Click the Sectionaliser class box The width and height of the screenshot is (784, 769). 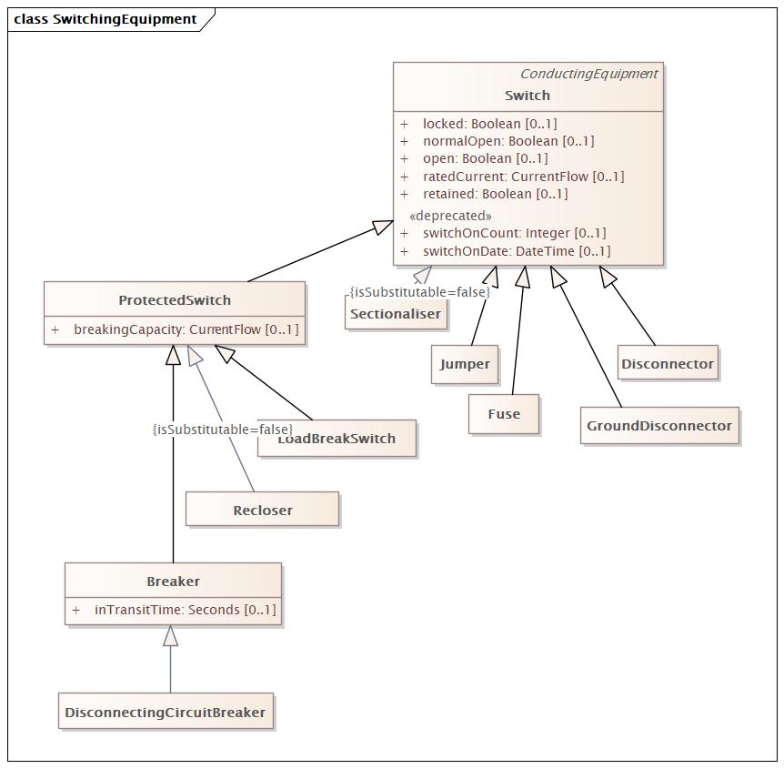pos(396,312)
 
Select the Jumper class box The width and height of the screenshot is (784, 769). pos(465,364)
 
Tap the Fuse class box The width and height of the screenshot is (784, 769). pos(504,414)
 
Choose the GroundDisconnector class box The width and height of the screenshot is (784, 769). pos(659,425)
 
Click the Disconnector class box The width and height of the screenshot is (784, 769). pos(668,363)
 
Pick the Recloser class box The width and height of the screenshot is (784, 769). pos(262,510)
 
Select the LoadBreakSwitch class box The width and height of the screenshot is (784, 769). pos(337,439)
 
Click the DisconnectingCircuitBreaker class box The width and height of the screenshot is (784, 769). pos(166,712)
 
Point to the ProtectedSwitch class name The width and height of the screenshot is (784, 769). pos(175,300)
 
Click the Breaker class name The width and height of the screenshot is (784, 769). pos(173,582)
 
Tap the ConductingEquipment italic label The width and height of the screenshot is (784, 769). pos(589,74)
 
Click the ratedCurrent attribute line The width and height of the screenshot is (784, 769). pos(512,177)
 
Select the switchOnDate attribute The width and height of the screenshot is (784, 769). pos(505,251)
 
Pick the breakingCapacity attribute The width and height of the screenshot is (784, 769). pos(175,329)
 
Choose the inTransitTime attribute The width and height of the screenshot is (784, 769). pos(174,610)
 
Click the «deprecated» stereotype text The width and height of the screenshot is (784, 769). pos(450,216)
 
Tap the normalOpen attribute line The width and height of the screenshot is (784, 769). pos(497,141)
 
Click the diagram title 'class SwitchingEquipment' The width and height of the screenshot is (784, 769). pos(105,19)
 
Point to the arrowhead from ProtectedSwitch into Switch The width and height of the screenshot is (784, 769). pos(383,228)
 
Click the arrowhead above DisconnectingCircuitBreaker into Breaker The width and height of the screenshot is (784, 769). pos(170,635)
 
